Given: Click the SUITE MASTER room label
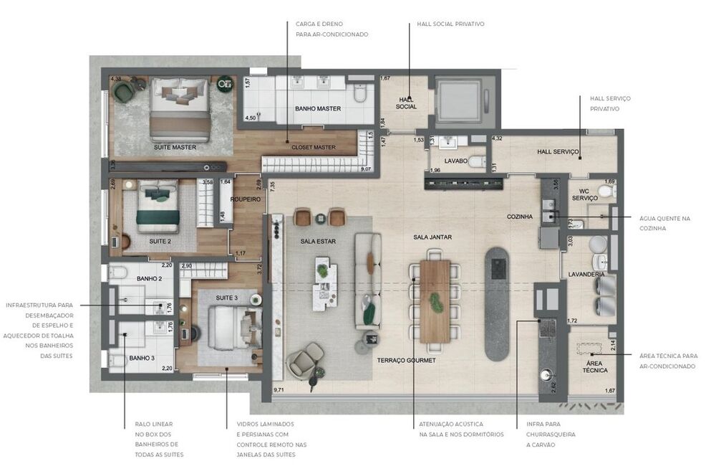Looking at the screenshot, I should coord(175,147).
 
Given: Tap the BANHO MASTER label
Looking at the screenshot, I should coord(317,109).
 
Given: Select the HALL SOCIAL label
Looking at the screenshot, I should coord(406,103).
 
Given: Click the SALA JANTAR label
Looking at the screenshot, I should coord(432,237).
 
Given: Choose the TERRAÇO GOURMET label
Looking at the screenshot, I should coord(406,361).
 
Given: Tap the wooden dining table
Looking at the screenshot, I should coord(435,301).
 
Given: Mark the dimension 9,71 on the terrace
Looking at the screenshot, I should coord(279,389).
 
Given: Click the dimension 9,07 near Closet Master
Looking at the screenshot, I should coord(366,169).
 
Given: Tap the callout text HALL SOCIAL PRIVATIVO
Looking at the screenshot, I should coord(450,24).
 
